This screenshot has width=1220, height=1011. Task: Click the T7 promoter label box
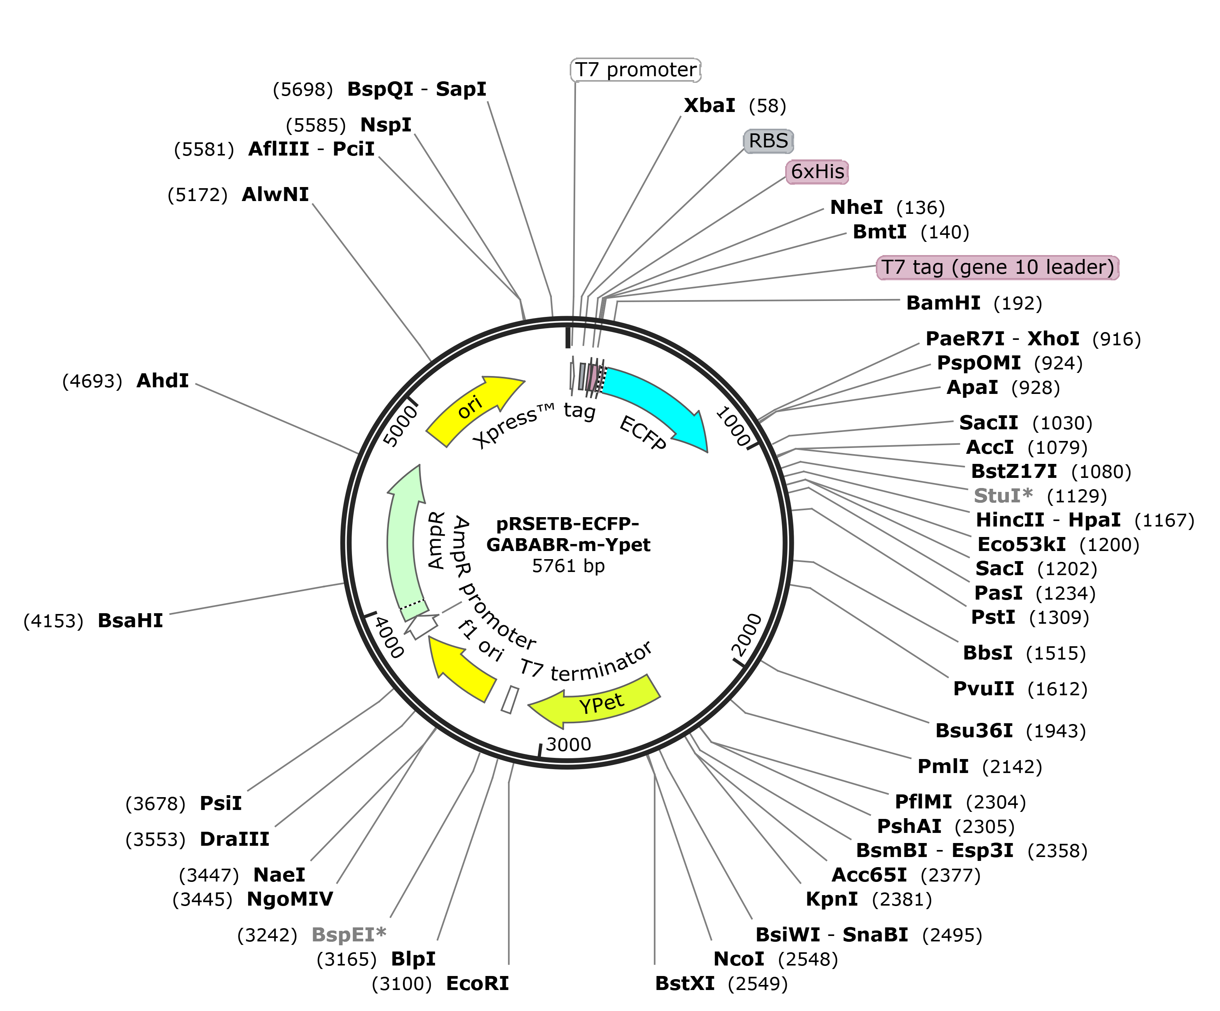coord(635,70)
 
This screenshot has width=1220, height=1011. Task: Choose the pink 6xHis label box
coord(817,171)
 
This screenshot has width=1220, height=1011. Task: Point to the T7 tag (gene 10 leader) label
coord(997,267)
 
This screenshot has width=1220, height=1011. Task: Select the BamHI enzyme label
coord(943,303)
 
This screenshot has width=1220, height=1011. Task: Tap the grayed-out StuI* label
coord(1003,495)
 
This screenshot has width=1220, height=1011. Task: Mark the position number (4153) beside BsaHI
coord(53,621)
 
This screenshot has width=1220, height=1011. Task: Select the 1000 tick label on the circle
coord(733,427)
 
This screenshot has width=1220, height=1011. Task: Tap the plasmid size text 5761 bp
coord(568,566)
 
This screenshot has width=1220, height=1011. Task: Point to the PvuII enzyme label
coord(983,689)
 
